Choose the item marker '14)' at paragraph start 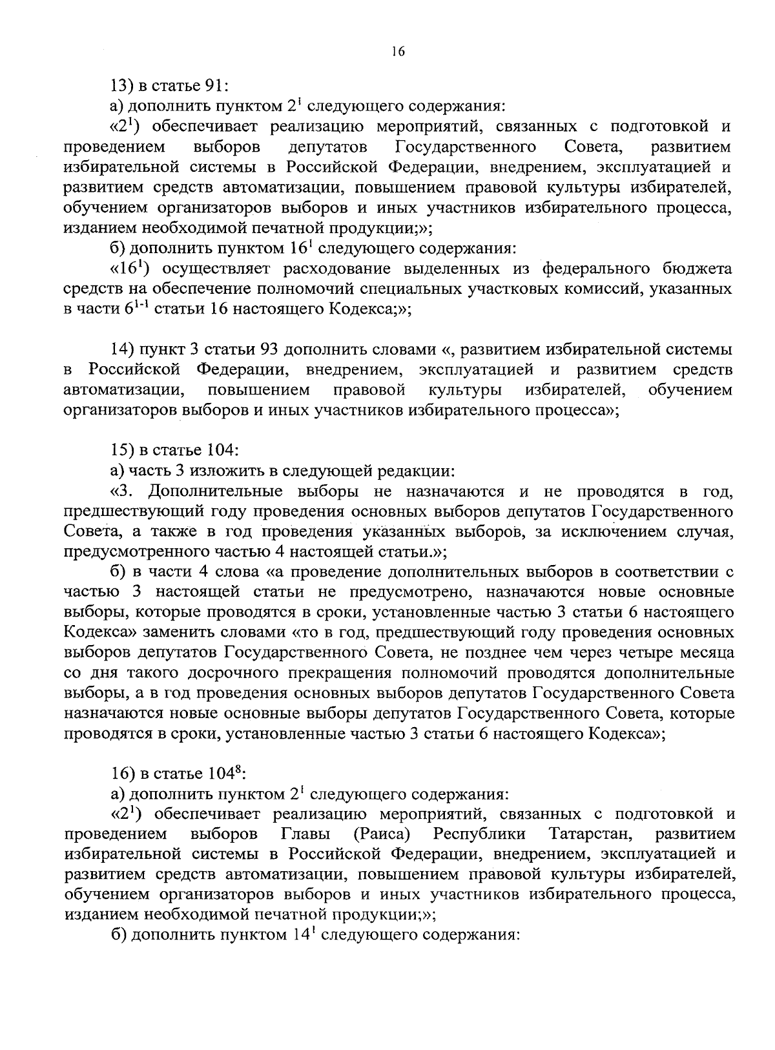(123, 350)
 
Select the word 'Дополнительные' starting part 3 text (215, 491)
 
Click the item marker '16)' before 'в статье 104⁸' (123, 774)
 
